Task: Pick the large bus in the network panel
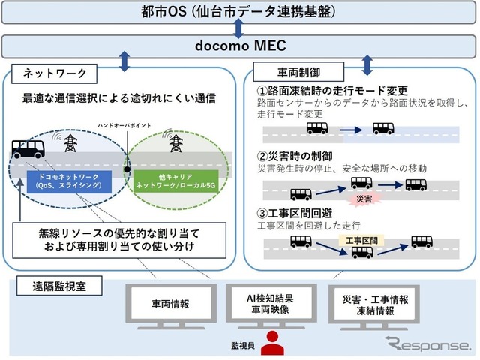pyautogui.click(x=28, y=151)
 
